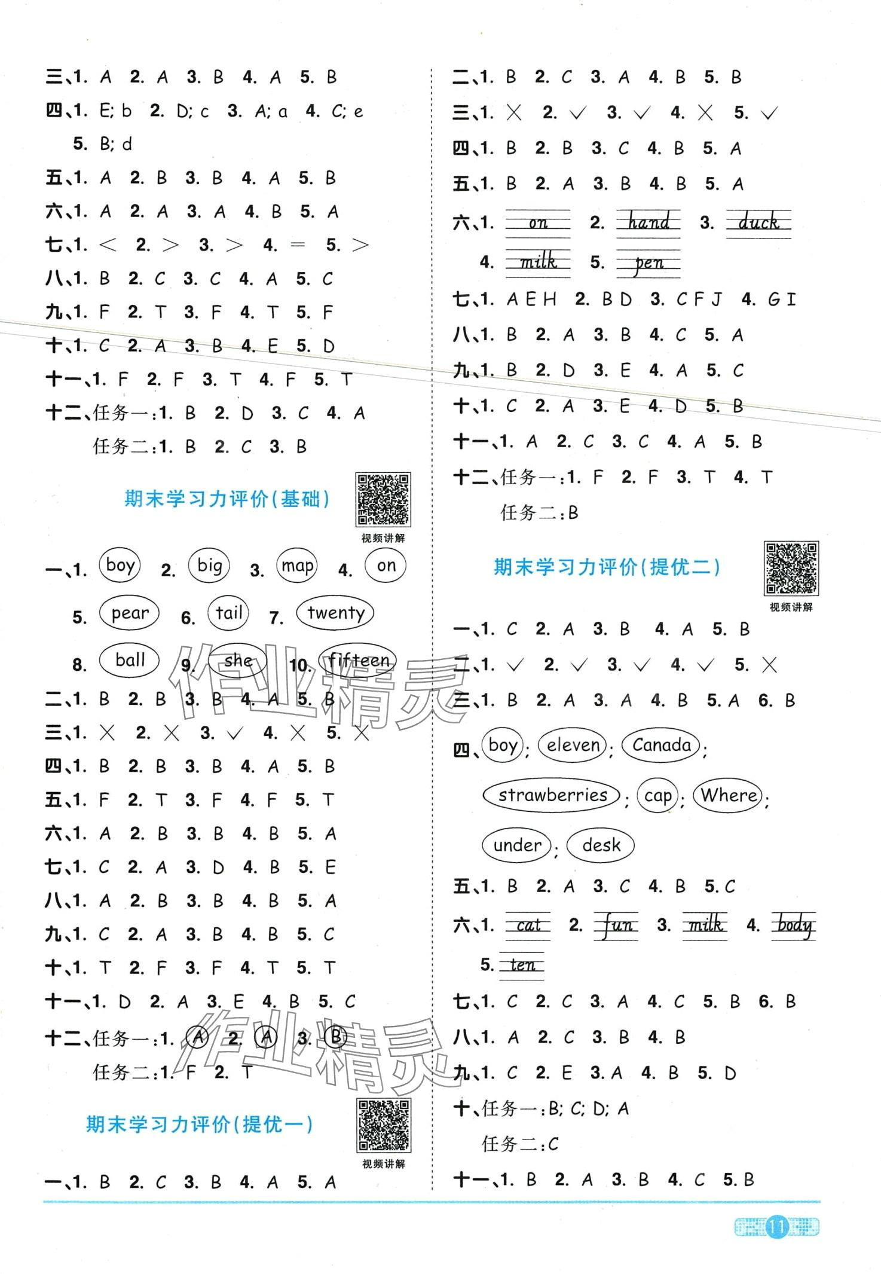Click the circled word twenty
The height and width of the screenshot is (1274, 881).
point(335,613)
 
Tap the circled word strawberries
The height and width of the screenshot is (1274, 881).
point(552,795)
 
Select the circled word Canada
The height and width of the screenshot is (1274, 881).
point(661,745)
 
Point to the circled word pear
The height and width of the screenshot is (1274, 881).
point(130,613)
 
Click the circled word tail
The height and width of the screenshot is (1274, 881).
point(228,613)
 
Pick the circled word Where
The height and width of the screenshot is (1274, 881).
point(729,795)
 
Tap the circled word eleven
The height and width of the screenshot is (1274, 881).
point(573,745)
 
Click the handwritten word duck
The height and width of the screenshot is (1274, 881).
point(758,223)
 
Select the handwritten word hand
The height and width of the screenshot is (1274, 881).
point(648,223)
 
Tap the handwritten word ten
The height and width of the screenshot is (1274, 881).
point(522,965)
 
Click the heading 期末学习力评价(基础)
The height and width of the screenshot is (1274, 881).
point(227,499)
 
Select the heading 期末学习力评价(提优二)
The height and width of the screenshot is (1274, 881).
point(607,567)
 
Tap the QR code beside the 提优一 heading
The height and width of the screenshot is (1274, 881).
point(383,1126)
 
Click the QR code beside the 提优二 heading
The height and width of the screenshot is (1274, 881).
point(791,569)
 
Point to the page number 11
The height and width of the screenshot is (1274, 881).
point(776,1227)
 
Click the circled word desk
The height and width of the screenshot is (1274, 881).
point(600,845)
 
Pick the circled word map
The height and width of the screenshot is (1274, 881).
point(297,566)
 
